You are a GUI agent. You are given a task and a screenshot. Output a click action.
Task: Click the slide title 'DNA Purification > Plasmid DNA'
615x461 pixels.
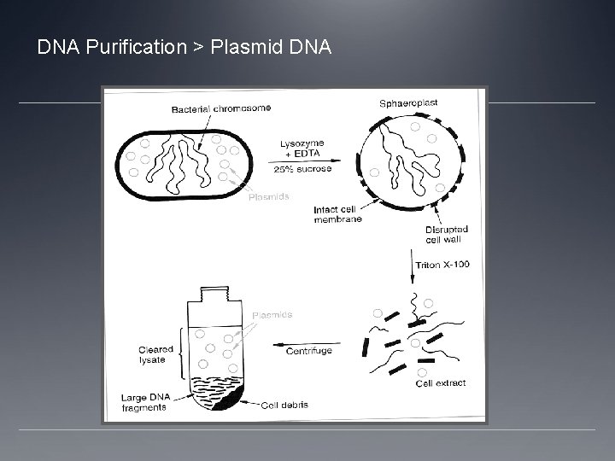tap(184, 47)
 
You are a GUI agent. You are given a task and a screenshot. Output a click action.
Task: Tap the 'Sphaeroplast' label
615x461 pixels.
tap(408, 102)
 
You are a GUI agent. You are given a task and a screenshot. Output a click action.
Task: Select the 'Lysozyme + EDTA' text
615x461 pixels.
tap(303, 147)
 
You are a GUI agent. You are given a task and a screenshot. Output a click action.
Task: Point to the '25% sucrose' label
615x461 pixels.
tap(303, 169)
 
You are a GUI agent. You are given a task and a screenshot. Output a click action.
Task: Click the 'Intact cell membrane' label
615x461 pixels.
tap(337, 213)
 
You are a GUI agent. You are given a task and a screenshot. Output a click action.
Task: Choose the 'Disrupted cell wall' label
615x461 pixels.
tap(446, 235)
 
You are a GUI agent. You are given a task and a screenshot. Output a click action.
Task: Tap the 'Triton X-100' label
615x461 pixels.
tap(442, 265)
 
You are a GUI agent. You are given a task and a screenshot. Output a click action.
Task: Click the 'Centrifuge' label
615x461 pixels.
tap(309, 351)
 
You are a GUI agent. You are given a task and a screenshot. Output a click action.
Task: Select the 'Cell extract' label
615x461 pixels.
tap(441, 383)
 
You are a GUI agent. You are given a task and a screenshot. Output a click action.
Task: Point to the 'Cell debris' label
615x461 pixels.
tap(284, 405)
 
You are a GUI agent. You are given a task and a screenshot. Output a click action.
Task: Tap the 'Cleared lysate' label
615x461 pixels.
tap(155, 354)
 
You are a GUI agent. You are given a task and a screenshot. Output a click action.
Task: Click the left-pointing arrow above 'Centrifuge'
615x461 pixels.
tap(302, 343)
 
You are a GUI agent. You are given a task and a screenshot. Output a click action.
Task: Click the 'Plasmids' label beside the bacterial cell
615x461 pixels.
tap(268, 197)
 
